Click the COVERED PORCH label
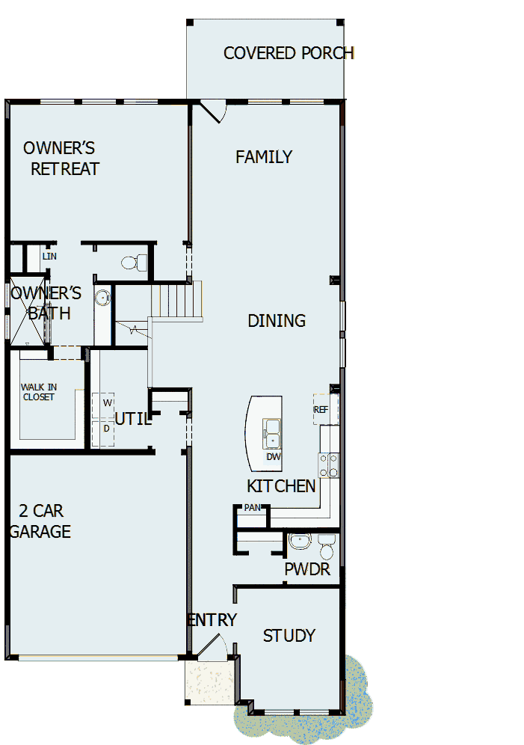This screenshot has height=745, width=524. pos(289,53)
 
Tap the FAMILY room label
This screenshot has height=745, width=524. pos(264,157)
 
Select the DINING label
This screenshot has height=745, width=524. pos(277,321)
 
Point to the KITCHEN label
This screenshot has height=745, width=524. pos(281,486)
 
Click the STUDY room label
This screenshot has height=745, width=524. pos(289,636)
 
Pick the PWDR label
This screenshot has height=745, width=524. pos(307,570)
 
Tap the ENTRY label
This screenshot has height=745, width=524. pos(212,620)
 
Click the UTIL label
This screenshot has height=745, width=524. pos(133,420)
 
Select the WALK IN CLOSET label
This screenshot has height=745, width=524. pos(38,392)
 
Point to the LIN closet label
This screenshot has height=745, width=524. pos(49,257)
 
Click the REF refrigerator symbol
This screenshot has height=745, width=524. pos(321,410)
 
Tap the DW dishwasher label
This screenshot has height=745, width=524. pos(273,456)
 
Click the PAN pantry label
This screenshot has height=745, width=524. pos(250,508)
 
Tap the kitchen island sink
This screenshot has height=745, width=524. pos(271,432)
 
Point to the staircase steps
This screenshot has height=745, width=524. pos(176,299)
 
